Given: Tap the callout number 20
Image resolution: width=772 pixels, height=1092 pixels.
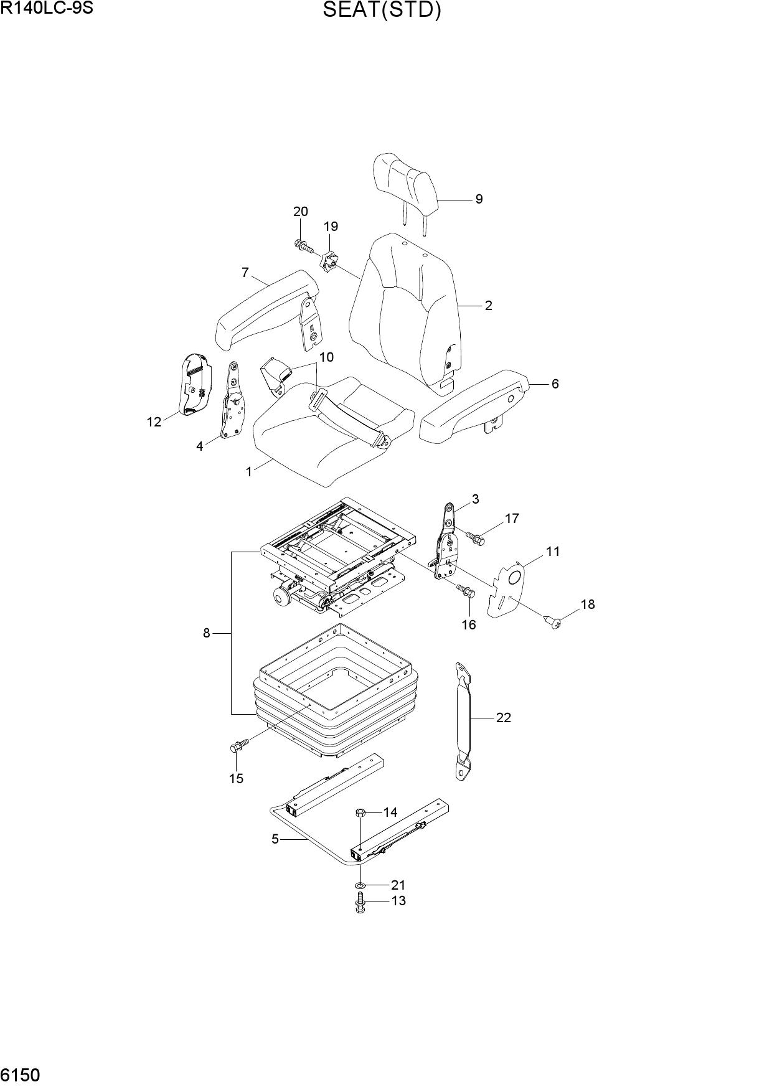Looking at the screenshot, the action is (x=301, y=212).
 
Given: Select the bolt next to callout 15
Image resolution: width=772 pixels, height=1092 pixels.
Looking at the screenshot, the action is (x=239, y=745).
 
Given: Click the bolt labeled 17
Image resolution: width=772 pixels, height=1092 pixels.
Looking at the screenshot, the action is (x=475, y=537).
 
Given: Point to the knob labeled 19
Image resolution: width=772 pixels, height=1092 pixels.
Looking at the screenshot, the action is (x=329, y=261).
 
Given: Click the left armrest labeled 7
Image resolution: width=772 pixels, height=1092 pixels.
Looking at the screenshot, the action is (x=266, y=309).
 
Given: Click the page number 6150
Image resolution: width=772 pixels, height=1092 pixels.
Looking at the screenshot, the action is (x=21, y=1075).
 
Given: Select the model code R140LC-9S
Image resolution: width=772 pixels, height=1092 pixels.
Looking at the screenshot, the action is (x=46, y=9).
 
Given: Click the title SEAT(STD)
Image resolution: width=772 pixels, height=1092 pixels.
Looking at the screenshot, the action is (x=382, y=11).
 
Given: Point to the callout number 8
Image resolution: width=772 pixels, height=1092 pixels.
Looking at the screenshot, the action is (x=206, y=633).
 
